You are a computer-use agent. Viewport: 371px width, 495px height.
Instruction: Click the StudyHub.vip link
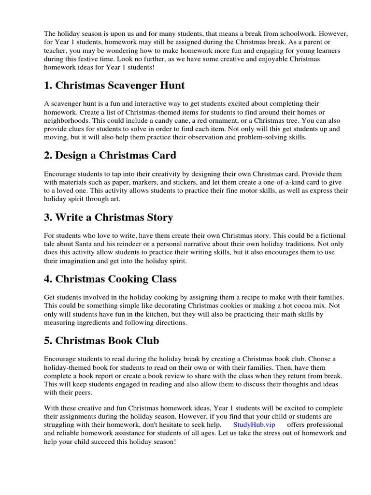pyautogui.click(x=254, y=424)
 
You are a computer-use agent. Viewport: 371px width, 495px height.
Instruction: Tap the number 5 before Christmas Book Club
pyautogui.click(x=47, y=341)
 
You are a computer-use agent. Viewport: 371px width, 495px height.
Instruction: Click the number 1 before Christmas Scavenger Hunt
pyautogui.click(x=47, y=86)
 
